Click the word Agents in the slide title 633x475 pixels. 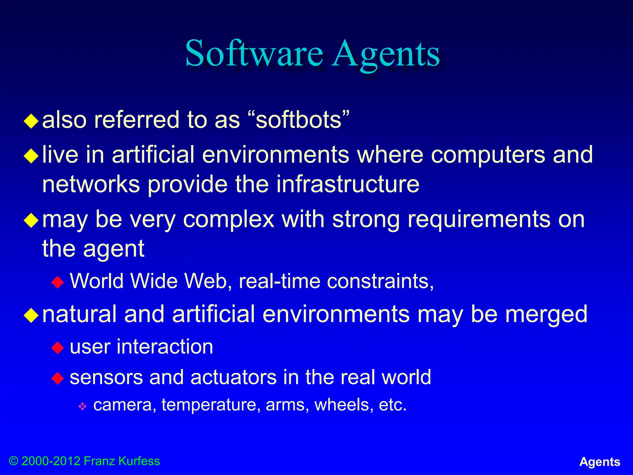[386, 54]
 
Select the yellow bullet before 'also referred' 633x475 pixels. [31, 121]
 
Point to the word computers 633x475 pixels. [488, 154]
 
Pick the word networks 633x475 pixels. [91, 184]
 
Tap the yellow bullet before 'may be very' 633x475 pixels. [31, 220]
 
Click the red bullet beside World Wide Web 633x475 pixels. [58, 282]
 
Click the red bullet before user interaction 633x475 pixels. [58, 348]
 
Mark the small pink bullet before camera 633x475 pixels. [83, 406]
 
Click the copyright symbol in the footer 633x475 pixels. [13, 461]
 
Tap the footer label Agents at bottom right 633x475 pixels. [600, 462]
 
